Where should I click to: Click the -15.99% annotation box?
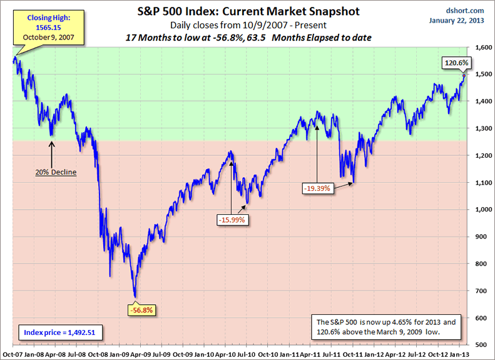pyautogui.click(x=232, y=220)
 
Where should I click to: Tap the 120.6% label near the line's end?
pyautogui.click(x=457, y=63)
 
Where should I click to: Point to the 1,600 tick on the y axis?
pyautogui.click(x=480, y=48)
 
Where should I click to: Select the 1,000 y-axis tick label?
pyautogui.click(x=480, y=210)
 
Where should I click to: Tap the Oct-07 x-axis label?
pyautogui.click(x=13, y=353)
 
